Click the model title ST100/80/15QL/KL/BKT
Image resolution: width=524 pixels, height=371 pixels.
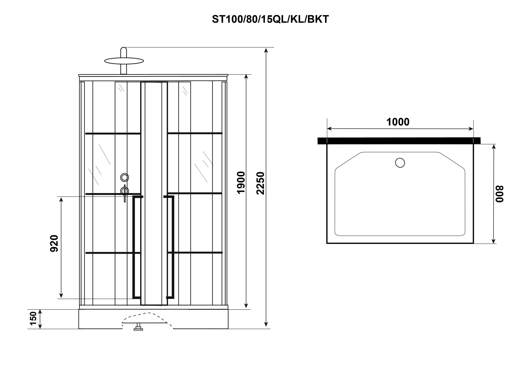point(270,19)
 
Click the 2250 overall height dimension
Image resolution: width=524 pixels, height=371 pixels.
point(260,183)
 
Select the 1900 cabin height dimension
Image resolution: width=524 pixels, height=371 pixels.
point(241,182)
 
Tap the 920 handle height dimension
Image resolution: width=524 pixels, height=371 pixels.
point(54,243)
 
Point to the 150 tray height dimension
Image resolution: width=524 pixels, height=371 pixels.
point(33,318)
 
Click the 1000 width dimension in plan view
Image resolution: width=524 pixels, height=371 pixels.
point(398,122)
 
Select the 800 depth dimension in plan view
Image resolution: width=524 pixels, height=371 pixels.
point(500,194)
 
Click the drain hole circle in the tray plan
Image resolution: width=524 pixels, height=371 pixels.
point(400,163)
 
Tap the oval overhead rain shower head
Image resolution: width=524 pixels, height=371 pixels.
point(124,61)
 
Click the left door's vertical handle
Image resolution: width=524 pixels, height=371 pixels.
point(134,247)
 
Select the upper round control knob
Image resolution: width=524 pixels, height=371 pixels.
point(124,178)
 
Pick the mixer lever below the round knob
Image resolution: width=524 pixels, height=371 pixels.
point(125,193)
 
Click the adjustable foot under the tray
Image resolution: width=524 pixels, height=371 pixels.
point(138,327)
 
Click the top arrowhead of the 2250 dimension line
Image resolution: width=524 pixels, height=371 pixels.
point(266,50)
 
